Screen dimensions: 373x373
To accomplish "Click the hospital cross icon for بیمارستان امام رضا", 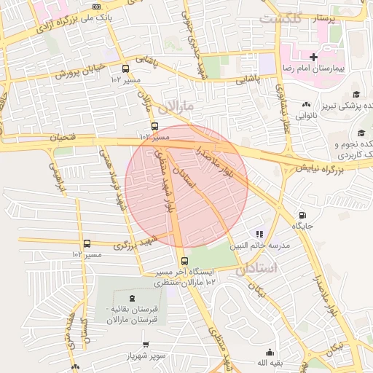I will pos(313,57).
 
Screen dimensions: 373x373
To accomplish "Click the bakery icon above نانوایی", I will pos(306,104).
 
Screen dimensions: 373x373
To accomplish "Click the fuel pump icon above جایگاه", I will pos(302,216).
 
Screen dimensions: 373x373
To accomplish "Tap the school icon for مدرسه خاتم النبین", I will pos(259,234).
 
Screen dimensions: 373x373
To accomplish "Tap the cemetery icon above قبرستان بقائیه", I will pos(132,297).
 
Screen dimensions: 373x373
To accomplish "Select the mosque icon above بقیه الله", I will pos(271,350).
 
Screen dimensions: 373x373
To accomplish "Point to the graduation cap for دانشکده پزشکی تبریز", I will pos(356,94).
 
